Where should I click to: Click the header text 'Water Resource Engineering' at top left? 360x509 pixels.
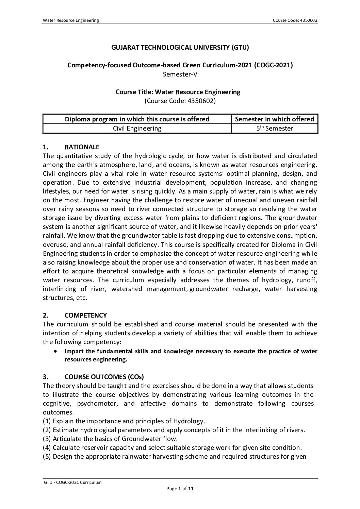pyautogui.click(x=71, y=20)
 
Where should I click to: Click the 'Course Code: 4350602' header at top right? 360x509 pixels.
pyautogui.click(x=295, y=20)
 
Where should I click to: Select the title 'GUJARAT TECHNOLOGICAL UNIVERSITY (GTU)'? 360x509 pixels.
pyautogui.click(x=180, y=48)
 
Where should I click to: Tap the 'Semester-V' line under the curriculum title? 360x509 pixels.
pyautogui.click(x=180, y=74)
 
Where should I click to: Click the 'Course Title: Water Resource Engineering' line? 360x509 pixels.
pyautogui.click(x=178, y=92)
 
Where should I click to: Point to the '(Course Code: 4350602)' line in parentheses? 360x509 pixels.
pyautogui.click(x=180, y=101)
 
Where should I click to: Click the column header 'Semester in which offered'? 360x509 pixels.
pyautogui.click(x=275, y=119)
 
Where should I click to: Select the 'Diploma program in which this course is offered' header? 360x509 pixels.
pyautogui.click(x=137, y=119)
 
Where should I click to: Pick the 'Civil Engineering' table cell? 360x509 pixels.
pyautogui.click(x=137, y=128)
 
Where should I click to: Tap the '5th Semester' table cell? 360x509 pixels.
pyautogui.click(x=275, y=128)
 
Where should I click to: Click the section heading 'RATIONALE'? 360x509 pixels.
pyautogui.click(x=82, y=147)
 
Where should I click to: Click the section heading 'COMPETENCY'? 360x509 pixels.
pyautogui.click(x=86, y=315)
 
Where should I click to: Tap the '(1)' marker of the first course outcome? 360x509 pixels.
pyautogui.click(x=47, y=421)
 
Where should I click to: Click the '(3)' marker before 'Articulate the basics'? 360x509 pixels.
pyautogui.click(x=47, y=439)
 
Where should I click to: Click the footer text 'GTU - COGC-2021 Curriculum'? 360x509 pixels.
pyautogui.click(x=72, y=482)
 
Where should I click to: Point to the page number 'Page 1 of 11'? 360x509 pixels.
pyautogui.click(x=180, y=489)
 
